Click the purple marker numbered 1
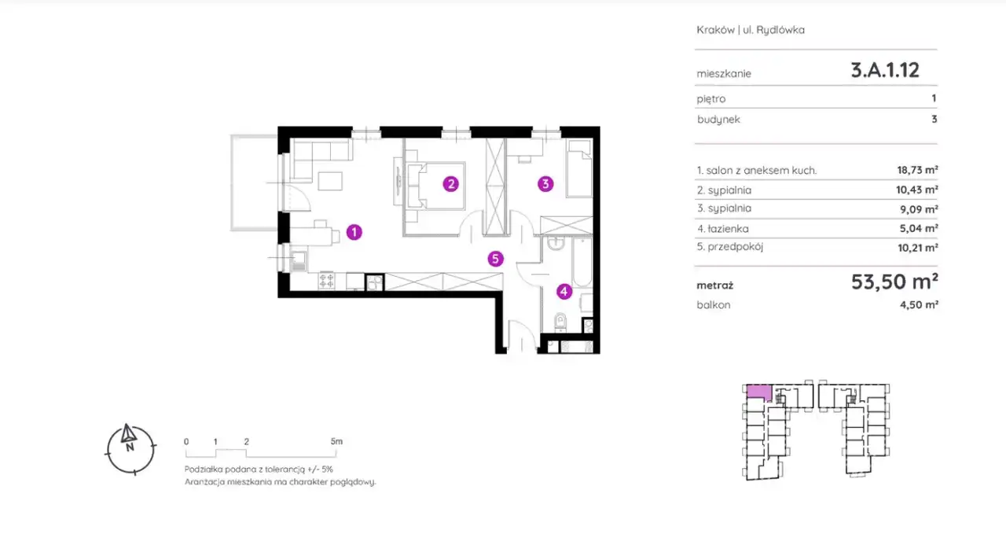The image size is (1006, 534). point(354,232)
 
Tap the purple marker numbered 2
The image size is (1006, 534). point(450,183)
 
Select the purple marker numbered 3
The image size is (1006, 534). point(545,183)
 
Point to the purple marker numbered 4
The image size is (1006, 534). point(564,291)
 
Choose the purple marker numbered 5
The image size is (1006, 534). point(495,259)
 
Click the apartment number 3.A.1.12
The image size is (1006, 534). point(885,70)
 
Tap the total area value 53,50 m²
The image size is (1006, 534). point(894,282)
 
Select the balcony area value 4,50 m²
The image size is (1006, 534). point(919,305)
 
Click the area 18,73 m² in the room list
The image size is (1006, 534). point(917,170)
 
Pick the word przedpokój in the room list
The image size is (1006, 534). point(735,247)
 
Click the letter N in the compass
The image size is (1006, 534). point(130,447)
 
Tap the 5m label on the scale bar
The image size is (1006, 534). point(336,441)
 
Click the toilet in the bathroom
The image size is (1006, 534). point(560,322)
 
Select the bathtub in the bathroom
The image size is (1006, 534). point(582,263)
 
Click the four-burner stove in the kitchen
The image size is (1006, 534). point(326,281)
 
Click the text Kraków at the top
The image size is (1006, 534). point(715,30)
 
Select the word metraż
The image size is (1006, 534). point(714,285)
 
